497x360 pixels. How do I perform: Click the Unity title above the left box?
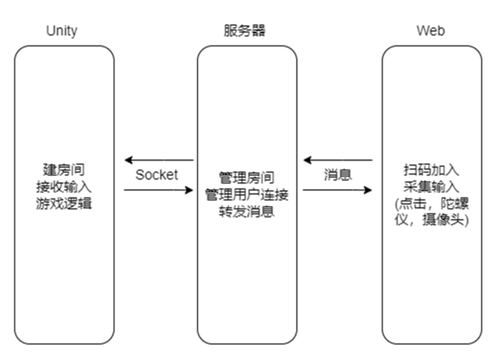coord(62,31)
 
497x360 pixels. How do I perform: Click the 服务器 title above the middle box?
coord(245,31)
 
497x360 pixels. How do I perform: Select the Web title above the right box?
coord(431,31)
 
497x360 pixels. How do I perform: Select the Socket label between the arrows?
coord(157,175)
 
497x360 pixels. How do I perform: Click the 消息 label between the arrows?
coord(338,175)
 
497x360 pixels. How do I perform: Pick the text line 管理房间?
coord(247,178)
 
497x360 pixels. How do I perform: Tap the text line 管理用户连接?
coord(247,195)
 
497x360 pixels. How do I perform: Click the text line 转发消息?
coord(247,212)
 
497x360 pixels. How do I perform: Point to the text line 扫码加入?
coord(431,170)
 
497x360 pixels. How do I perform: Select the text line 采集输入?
coord(431,186)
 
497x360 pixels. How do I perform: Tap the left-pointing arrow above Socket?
coord(159,160)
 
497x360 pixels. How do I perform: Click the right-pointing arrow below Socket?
coord(159,190)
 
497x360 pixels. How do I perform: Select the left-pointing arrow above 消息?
coord(338,160)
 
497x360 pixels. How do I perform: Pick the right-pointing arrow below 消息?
coord(338,190)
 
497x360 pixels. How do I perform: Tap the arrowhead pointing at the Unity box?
coord(128,160)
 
